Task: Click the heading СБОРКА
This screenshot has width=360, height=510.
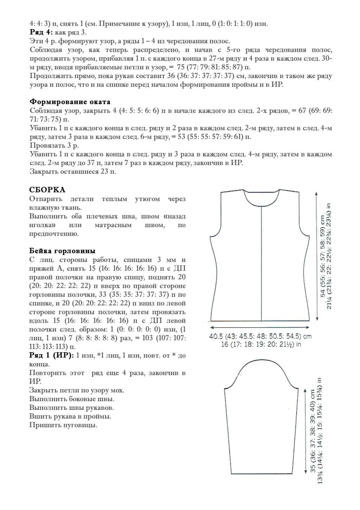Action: [47, 190]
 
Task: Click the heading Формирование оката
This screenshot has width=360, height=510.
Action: [70, 102]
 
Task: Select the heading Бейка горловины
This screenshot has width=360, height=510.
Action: [62, 251]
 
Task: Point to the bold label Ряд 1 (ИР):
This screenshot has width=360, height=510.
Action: [51, 356]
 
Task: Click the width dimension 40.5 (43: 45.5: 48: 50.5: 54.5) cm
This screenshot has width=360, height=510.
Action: [261, 336]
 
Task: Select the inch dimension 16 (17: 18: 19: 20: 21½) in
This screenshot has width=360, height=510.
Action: [261, 344]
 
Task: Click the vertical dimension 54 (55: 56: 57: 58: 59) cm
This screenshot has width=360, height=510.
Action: [322, 257]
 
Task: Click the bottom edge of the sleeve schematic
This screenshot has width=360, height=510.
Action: [262, 473]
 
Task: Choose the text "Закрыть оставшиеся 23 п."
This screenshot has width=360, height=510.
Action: [73, 172]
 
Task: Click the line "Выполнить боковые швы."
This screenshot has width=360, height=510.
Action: [72, 399]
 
